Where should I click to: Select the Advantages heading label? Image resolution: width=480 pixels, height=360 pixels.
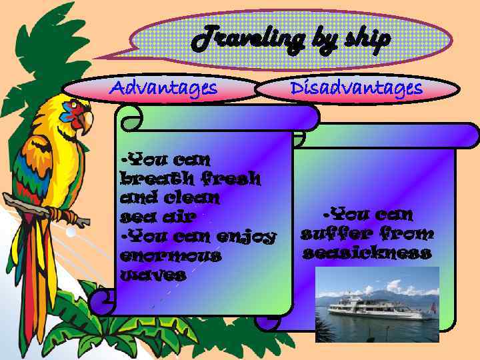163,88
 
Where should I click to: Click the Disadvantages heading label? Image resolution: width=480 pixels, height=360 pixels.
357,88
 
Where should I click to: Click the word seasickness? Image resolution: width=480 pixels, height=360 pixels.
367,253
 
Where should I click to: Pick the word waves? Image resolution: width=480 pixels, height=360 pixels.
152,275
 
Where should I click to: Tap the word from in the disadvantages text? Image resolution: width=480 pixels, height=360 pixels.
407,234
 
